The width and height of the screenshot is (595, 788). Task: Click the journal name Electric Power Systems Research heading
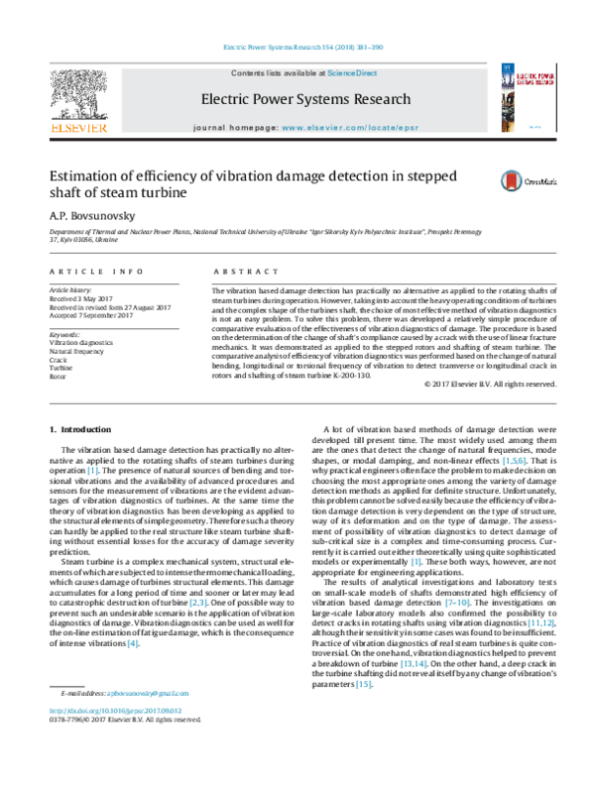point(304,100)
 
